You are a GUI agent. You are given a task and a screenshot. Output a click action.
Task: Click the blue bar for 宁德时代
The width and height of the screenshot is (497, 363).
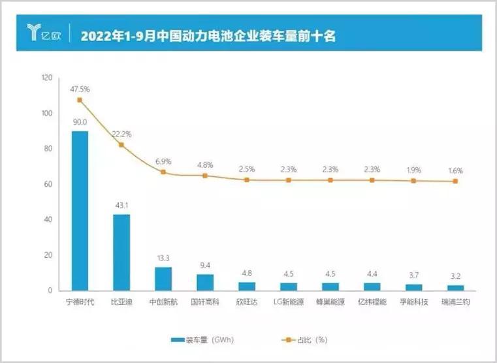pos(80,210)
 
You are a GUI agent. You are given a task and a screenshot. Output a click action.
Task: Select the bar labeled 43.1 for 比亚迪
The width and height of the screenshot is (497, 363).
pos(121,252)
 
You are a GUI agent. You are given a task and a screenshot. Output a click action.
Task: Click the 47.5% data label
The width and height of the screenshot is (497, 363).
pos(80,89)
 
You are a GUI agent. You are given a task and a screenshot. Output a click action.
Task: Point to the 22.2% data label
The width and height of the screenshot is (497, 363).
pos(121,134)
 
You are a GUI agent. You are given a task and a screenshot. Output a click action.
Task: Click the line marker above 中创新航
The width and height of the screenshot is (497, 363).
pos(163,172)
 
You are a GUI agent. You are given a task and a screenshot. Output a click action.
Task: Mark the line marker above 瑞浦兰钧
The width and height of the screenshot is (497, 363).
pos(456,181)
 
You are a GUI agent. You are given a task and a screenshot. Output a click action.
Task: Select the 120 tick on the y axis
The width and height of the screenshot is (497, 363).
pos(46,78)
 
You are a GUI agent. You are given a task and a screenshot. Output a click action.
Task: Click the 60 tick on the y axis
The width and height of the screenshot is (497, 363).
pos(48,184)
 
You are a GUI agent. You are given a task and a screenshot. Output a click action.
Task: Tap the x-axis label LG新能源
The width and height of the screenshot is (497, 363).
pos(289,302)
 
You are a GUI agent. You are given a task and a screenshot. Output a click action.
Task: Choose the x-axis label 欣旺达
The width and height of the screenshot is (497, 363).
pos(247,302)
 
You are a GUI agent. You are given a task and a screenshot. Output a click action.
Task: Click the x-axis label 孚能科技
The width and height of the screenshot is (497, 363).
pos(414,302)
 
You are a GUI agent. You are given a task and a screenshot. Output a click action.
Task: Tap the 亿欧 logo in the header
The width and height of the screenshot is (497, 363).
pos(42,33)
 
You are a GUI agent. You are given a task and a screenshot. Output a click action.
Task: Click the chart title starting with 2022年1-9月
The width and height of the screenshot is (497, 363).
pos(208,35)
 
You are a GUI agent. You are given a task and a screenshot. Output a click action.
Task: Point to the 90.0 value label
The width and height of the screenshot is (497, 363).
pos(80,122)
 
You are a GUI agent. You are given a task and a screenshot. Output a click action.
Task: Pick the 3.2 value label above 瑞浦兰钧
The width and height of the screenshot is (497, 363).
pos(456,276)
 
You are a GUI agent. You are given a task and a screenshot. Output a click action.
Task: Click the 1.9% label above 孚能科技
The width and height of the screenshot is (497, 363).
pos(414,170)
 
